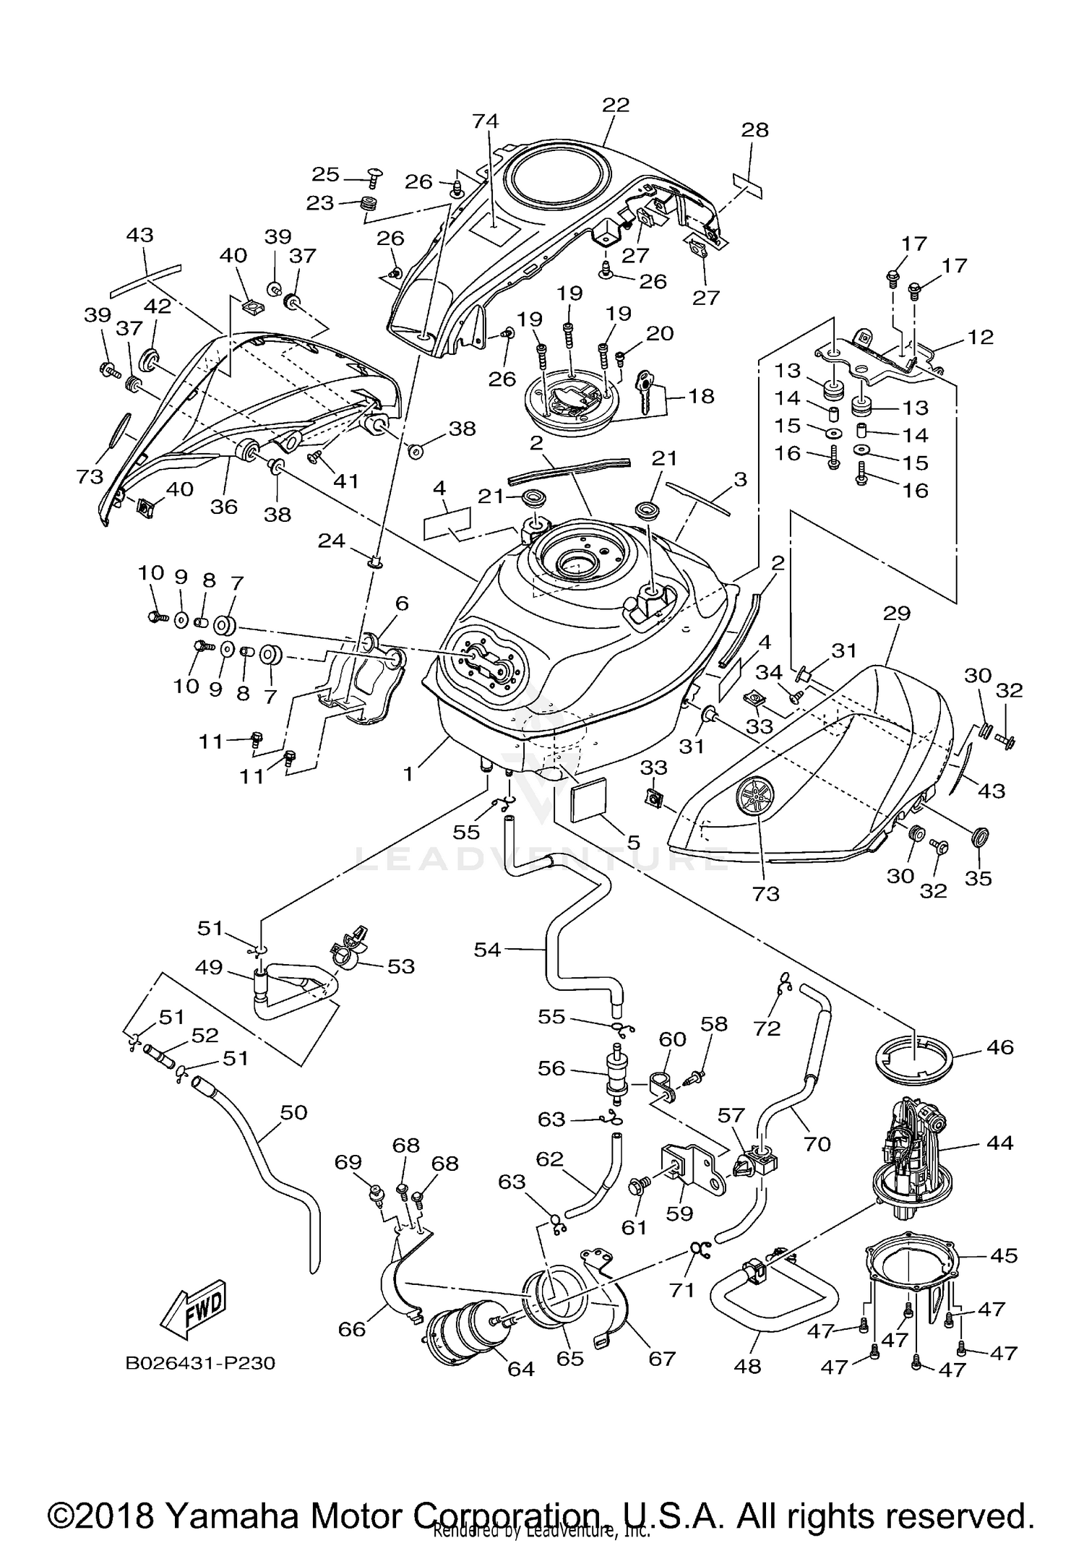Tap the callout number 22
click(616, 105)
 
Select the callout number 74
click(486, 121)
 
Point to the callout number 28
click(754, 130)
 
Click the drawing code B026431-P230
click(200, 1363)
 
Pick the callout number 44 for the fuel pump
click(999, 1143)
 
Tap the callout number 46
click(1000, 1046)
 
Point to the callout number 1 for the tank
click(408, 774)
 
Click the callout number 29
click(897, 613)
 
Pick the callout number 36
click(224, 507)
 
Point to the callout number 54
click(487, 950)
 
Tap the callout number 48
click(747, 1366)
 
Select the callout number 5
click(633, 842)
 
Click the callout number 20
click(660, 333)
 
